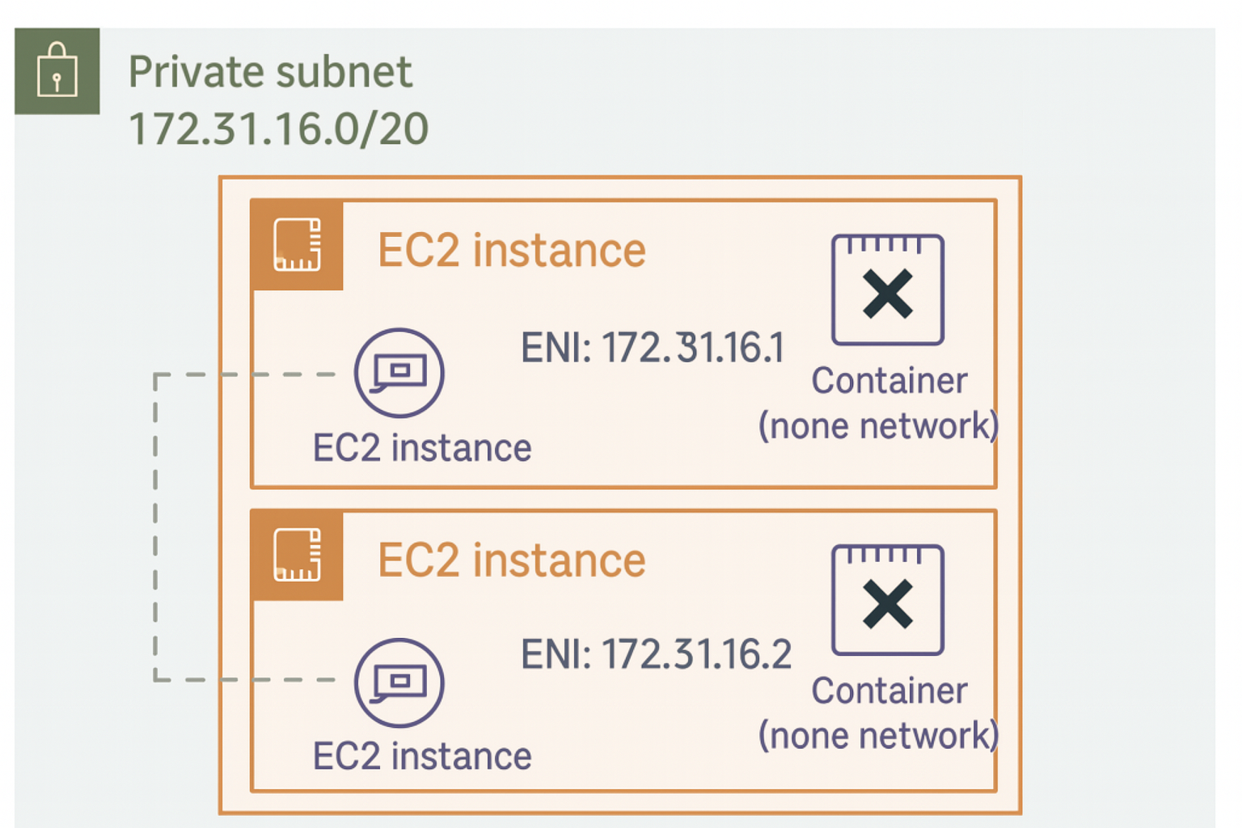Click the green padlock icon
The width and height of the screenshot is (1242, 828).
tap(57, 71)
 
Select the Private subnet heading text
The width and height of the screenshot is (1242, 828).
tap(270, 72)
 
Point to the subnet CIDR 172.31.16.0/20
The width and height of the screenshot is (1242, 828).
tap(278, 129)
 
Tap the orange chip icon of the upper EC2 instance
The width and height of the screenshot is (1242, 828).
tap(298, 244)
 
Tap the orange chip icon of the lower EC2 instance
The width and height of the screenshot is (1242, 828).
tap(298, 555)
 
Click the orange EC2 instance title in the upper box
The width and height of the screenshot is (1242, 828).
tap(511, 250)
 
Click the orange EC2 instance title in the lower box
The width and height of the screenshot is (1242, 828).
tap(511, 560)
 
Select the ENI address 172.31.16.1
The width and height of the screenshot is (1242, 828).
tap(653, 348)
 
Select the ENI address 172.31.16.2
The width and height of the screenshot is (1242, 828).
tap(656, 654)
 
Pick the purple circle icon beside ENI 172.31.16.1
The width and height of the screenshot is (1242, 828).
tap(399, 373)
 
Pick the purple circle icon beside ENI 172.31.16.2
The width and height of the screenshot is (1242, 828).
tap(399, 682)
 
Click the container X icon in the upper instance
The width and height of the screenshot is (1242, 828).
tap(888, 290)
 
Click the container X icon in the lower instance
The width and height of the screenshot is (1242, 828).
tap(888, 601)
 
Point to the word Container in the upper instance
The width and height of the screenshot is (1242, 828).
tap(889, 381)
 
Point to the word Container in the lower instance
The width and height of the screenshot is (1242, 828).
tap(889, 691)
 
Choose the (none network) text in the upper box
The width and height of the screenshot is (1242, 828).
tap(878, 426)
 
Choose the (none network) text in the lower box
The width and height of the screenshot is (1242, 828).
tap(878, 736)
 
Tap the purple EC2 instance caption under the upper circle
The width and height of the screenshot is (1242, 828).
tap(422, 448)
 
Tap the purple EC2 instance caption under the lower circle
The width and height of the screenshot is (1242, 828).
tap(422, 757)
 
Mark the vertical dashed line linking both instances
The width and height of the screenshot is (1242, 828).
tap(155, 526)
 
